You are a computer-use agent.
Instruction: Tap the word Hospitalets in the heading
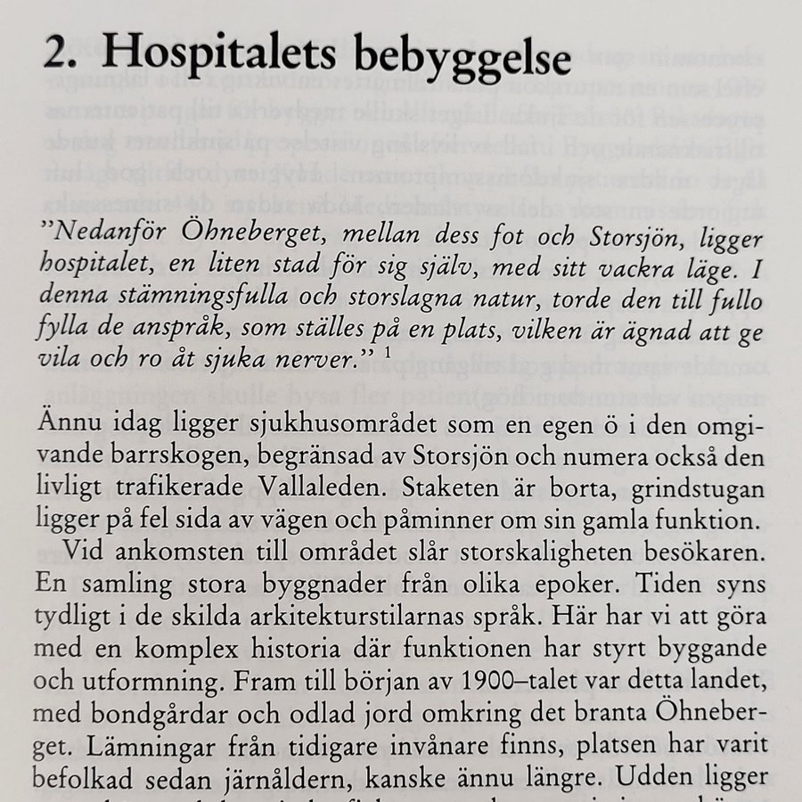(x=213, y=60)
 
